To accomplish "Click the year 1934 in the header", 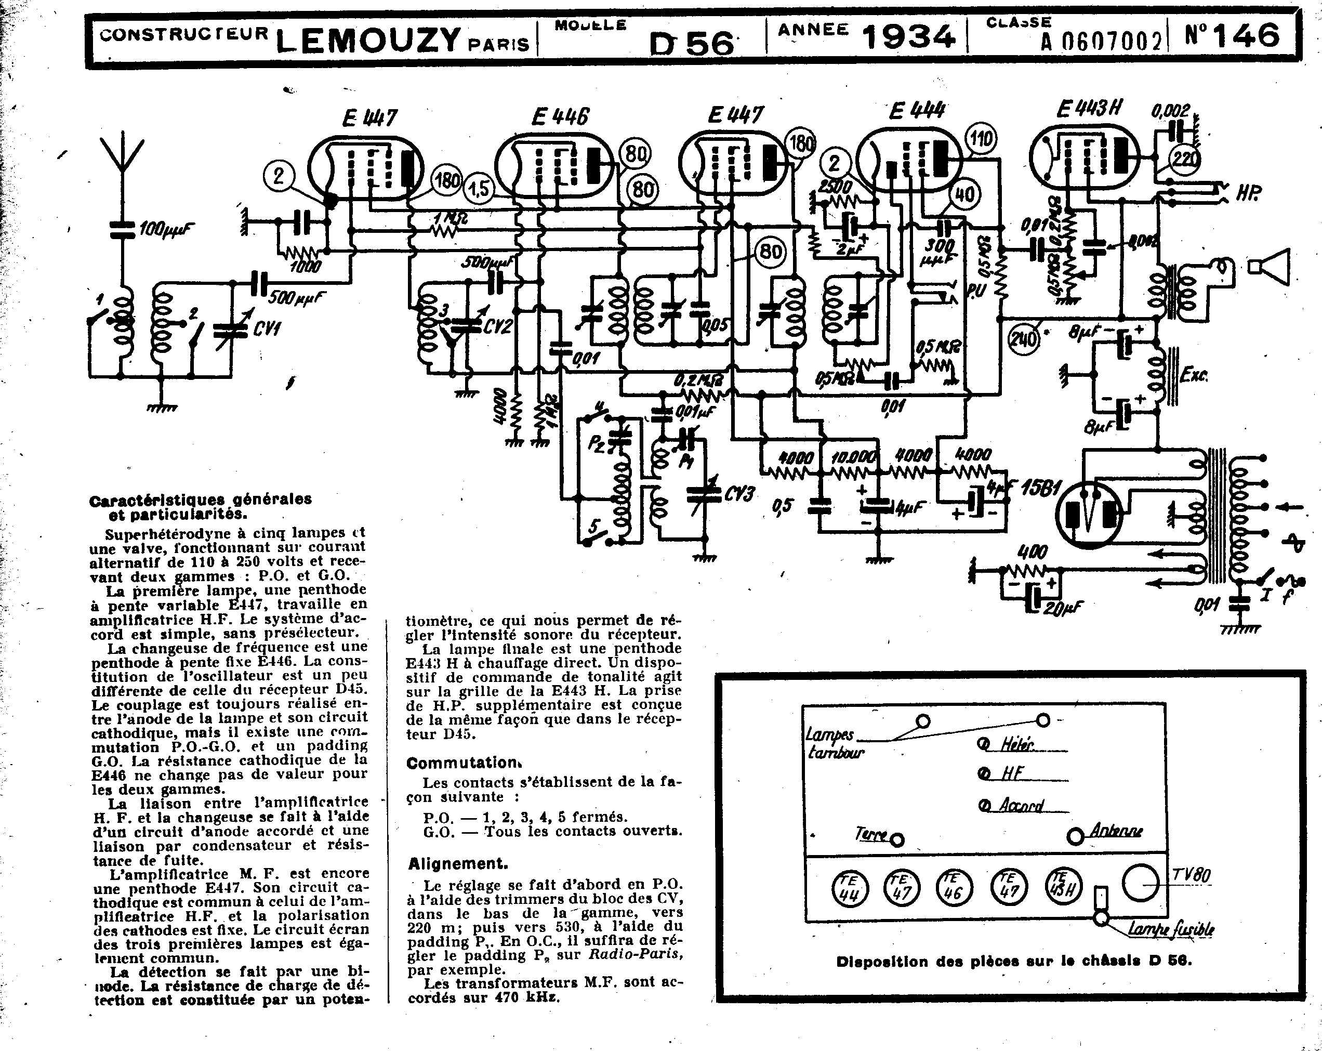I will coord(909,37).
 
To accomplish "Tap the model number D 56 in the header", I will coord(691,44).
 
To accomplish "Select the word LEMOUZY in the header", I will coord(368,41).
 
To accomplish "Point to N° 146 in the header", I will coord(1232,35).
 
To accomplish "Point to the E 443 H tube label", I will coord(1089,109).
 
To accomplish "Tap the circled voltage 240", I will coord(1023,338).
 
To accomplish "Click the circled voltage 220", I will coord(1185,160).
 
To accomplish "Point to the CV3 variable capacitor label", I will coord(739,494).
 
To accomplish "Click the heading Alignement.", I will coord(458,864).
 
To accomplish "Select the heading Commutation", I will coord(463,764).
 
